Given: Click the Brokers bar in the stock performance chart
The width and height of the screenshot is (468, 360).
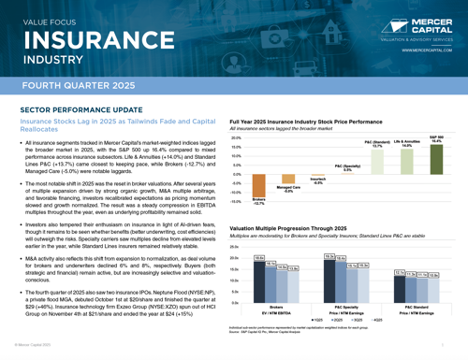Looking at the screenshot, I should [x=258, y=190].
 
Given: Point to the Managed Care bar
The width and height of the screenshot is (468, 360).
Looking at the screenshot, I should [x=287, y=183].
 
